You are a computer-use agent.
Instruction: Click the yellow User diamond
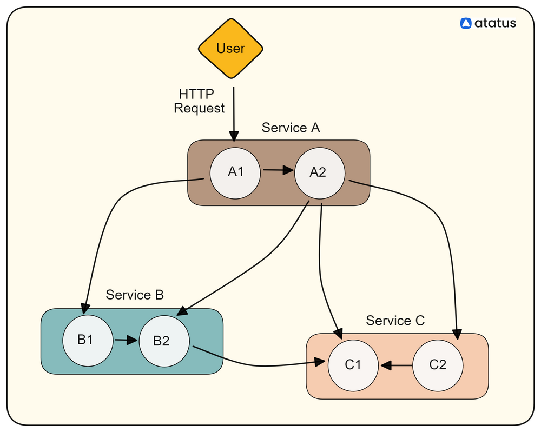[x=231, y=49]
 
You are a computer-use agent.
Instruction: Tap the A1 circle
[x=235, y=172]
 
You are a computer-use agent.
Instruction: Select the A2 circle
[x=318, y=172]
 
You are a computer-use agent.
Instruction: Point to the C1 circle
[x=353, y=365]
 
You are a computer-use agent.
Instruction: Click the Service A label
[x=291, y=128]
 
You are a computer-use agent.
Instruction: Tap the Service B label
[x=135, y=295]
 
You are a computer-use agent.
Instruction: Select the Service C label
[x=395, y=321]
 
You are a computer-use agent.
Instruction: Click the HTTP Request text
[x=199, y=101]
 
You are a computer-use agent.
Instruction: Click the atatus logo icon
[x=466, y=23]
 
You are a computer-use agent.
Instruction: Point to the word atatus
[x=496, y=23]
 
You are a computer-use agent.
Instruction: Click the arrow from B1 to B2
[x=126, y=341]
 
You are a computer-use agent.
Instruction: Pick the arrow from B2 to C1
[x=260, y=365]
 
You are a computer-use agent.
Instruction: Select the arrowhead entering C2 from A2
[x=458, y=334]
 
